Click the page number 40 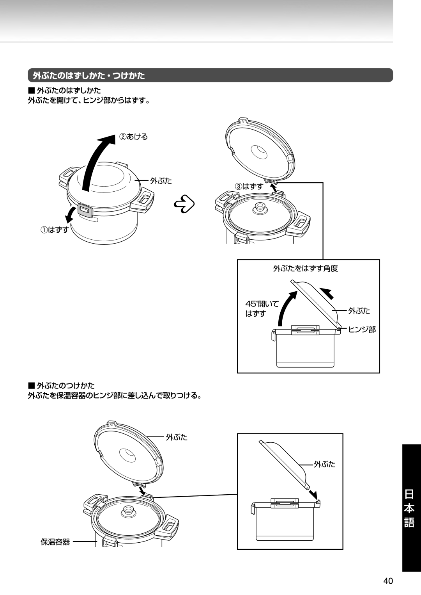coord(388,581)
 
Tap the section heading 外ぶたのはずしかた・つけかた coord(89,75)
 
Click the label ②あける coord(134,137)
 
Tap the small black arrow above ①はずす coord(71,215)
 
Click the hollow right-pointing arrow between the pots coord(185,203)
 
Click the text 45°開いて coord(262,304)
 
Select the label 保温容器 coord(55,542)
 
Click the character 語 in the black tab coord(409,522)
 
